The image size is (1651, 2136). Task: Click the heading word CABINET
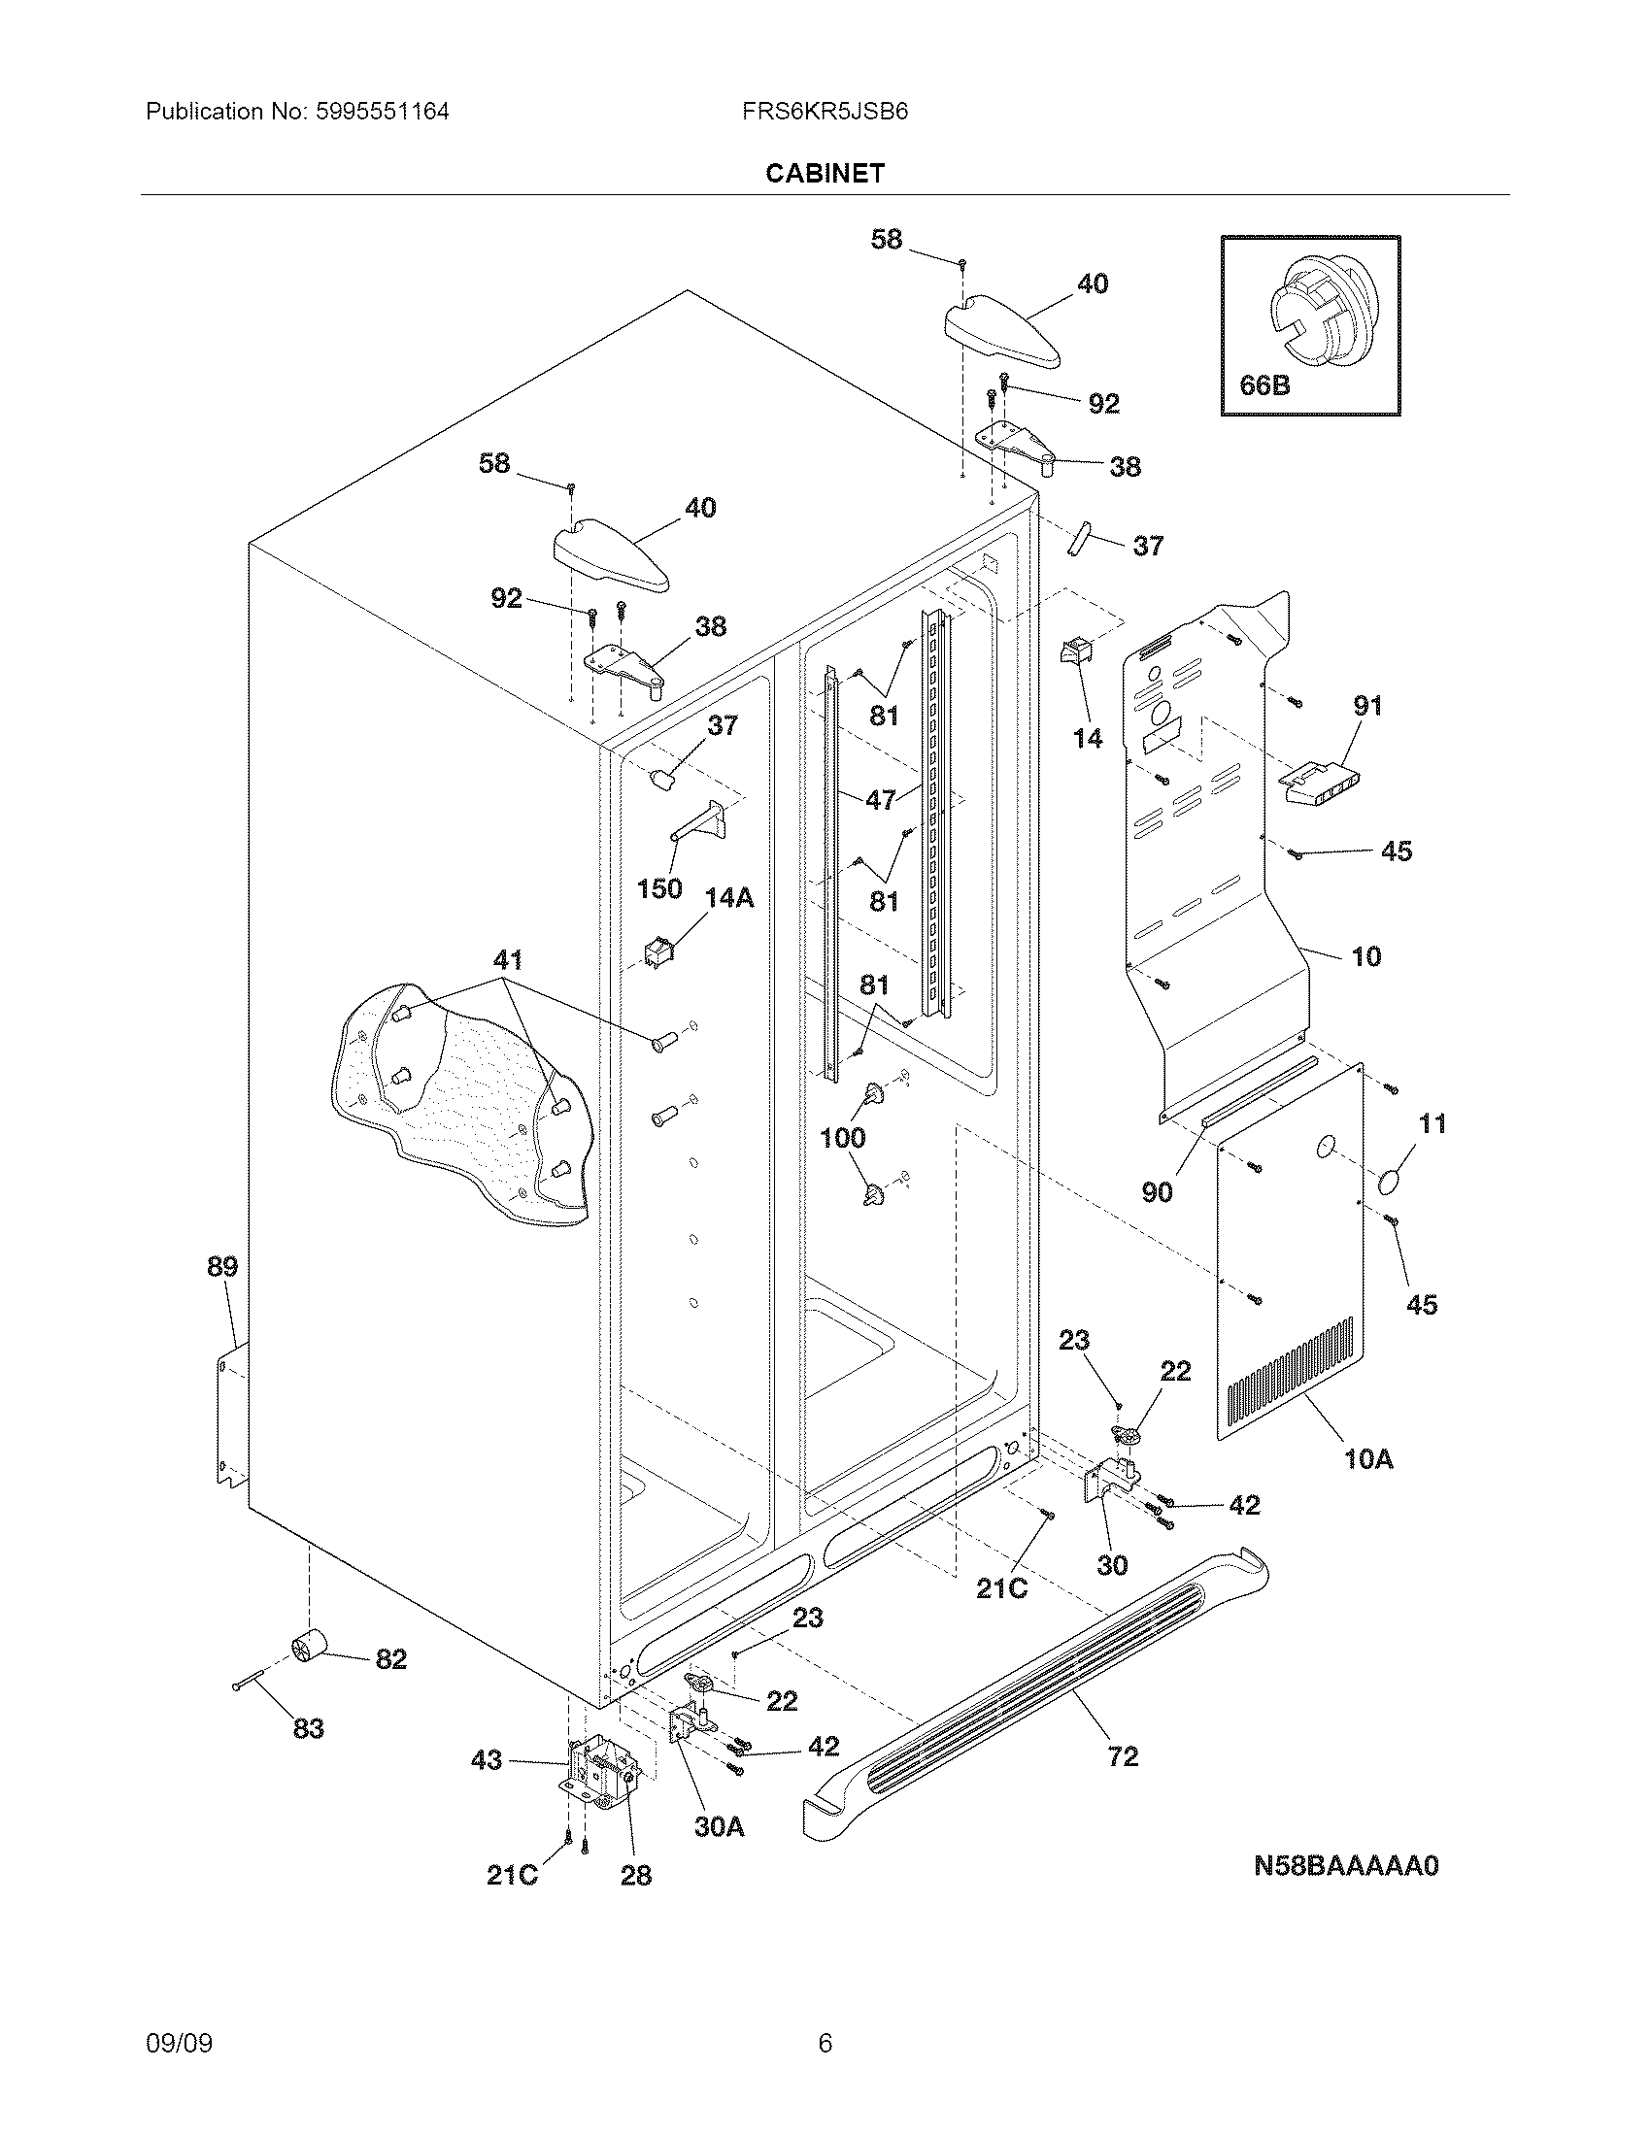(x=825, y=173)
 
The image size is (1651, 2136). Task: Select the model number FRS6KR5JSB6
(x=825, y=112)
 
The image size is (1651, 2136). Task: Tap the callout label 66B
(x=1264, y=385)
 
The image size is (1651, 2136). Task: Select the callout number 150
(x=659, y=889)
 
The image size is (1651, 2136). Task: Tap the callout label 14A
(x=729, y=898)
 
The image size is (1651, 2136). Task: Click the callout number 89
(x=222, y=1266)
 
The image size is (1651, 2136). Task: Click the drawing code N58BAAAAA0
(x=1346, y=1866)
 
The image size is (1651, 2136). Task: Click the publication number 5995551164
(x=383, y=112)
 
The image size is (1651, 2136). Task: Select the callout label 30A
(x=719, y=1826)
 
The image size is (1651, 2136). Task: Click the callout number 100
(x=842, y=1138)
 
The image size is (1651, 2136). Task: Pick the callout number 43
(x=488, y=1760)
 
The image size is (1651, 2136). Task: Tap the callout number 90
(x=1157, y=1191)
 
